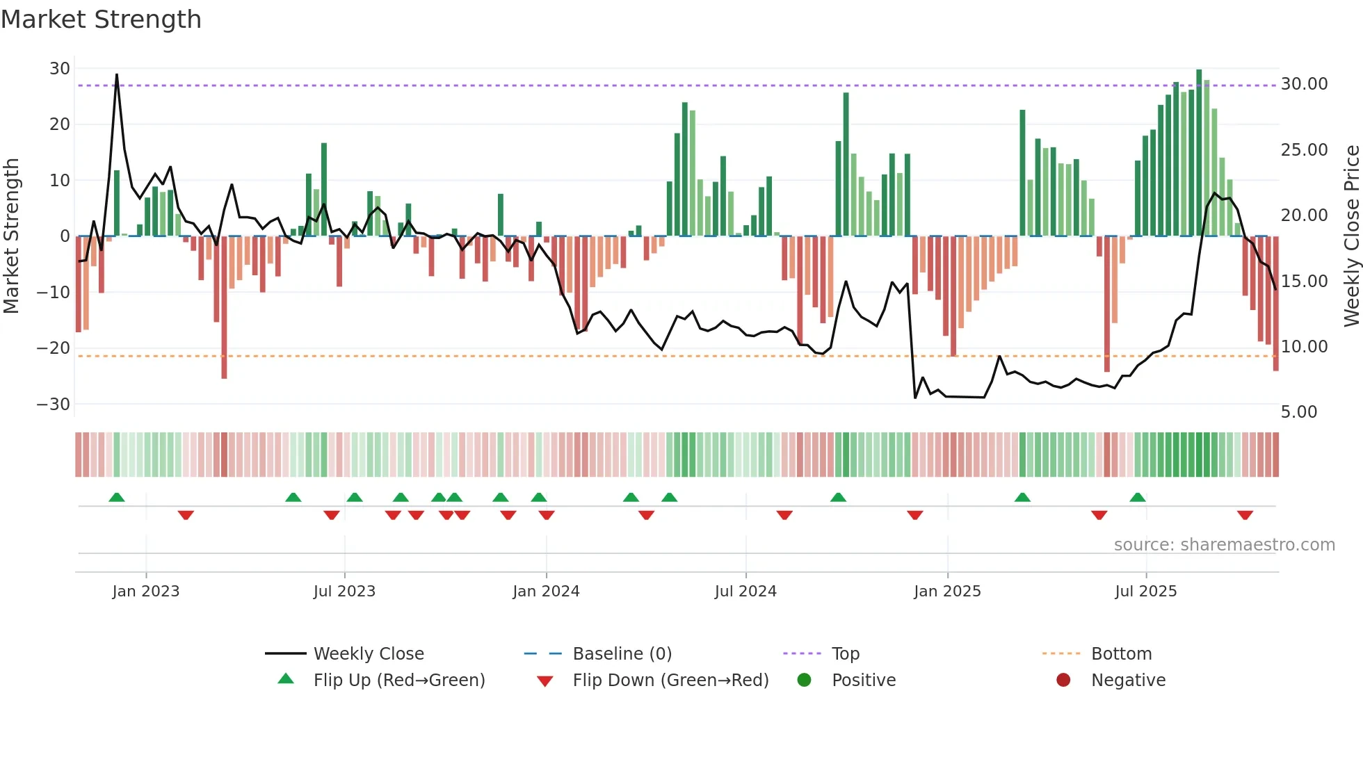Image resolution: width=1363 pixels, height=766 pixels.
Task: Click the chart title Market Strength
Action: [101, 19]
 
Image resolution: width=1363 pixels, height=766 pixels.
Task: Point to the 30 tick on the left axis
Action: [60, 69]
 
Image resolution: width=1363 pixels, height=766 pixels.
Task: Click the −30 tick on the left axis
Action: [54, 405]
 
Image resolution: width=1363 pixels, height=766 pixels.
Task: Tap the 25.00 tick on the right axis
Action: [1304, 150]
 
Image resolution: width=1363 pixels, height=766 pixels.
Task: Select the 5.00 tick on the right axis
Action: [1299, 412]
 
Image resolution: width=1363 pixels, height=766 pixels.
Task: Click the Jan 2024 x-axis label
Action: [546, 592]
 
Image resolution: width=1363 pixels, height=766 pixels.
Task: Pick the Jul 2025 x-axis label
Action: [1145, 592]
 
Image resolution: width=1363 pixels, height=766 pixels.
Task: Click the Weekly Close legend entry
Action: [368, 654]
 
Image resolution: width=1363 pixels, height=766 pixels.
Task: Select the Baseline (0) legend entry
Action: [622, 654]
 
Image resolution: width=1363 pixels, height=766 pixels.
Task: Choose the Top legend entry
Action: [845, 654]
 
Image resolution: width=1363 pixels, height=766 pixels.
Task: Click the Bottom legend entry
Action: [1121, 654]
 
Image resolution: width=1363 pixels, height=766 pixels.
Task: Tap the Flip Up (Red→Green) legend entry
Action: [398, 681]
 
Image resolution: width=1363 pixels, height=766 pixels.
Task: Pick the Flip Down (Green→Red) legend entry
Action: [670, 681]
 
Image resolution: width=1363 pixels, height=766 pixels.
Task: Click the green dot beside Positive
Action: [805, 681]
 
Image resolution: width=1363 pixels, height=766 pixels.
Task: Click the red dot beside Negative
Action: [1063, 681]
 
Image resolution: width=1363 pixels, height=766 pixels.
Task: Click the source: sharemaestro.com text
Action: [1224, 545]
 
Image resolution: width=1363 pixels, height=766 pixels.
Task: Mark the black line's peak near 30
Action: [117, 74]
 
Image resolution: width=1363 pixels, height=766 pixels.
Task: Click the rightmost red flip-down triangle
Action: [1245, 515]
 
